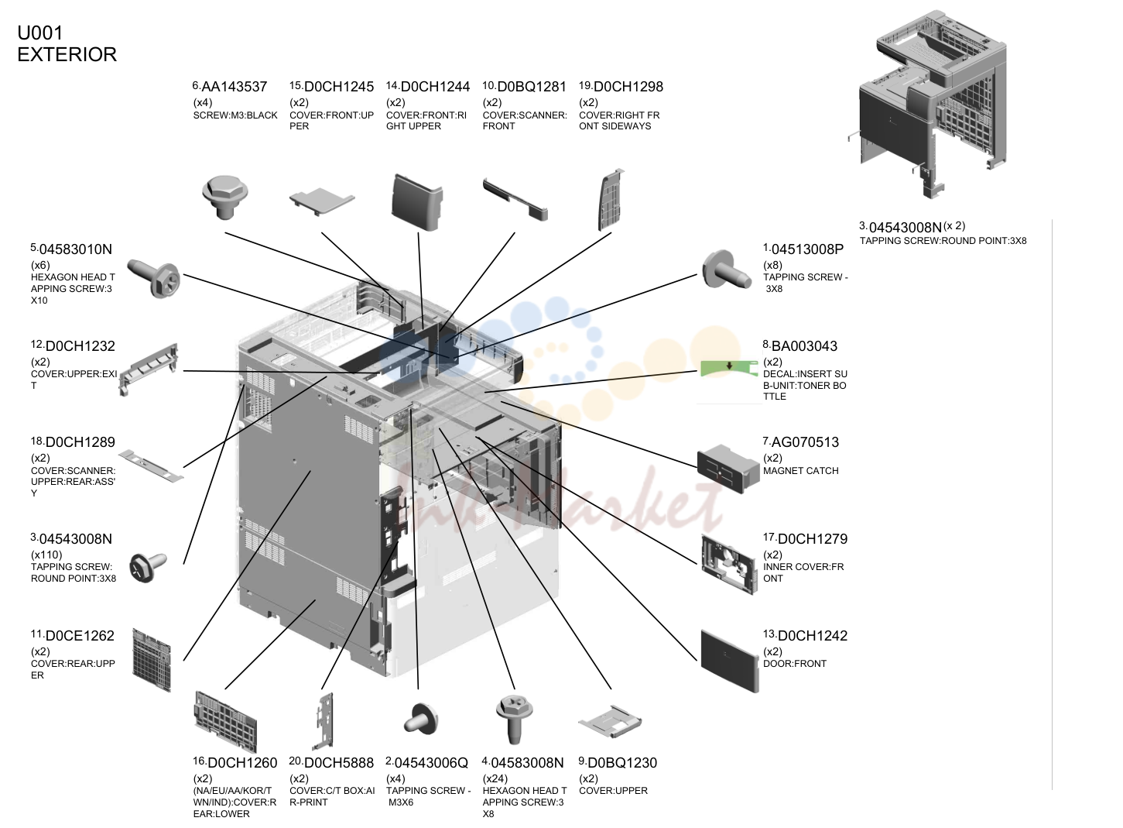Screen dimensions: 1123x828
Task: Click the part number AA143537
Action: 235,87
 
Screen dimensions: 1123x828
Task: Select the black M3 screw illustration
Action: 224,197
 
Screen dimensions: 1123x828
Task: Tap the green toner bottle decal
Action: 729,368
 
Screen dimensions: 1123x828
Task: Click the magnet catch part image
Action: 728,469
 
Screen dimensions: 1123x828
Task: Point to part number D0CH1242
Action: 812,636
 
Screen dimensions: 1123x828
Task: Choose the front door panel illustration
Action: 730,661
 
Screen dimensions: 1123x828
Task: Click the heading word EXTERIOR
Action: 67,54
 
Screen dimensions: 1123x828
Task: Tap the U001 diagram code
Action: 40,33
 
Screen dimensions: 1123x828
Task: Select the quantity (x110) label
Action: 46,555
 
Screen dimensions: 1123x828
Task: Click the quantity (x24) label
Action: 495,778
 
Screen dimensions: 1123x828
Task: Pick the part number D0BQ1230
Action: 621,763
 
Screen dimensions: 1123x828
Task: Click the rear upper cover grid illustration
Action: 152,660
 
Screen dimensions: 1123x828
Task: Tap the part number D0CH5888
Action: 339,763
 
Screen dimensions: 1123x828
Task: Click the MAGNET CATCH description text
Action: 800,471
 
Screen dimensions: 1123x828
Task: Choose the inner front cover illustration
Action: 729,565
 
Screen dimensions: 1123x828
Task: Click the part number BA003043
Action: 804,346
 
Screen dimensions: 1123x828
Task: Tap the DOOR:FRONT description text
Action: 795,663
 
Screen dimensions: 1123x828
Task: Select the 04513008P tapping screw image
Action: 727,271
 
